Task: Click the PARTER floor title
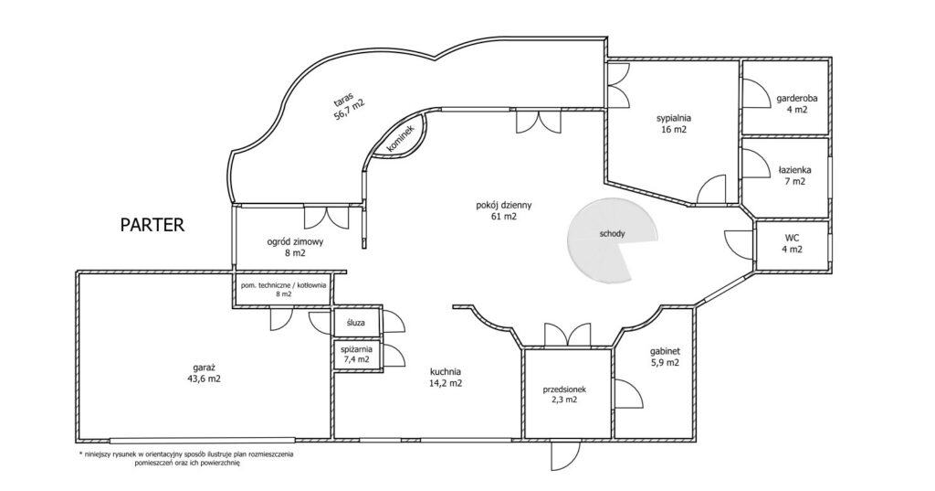152,225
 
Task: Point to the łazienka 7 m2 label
795,176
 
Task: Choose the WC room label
792,244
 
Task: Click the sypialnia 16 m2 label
674,123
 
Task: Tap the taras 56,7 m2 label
349,105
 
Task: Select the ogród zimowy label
295,247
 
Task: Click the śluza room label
355,323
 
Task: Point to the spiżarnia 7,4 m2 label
357,354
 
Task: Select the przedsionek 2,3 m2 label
564,394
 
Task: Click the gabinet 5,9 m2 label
666,357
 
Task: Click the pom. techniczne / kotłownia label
283,289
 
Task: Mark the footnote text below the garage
185,458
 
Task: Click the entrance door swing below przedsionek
565,457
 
